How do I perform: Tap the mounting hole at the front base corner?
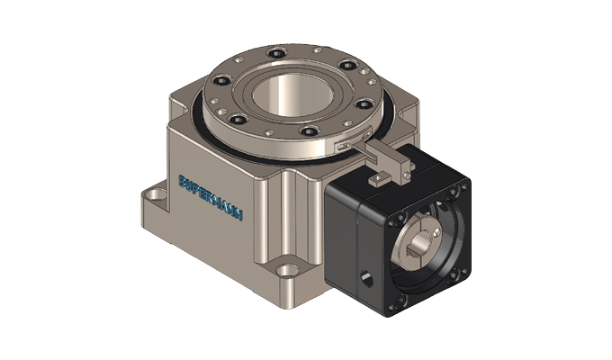click(287, 268)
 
